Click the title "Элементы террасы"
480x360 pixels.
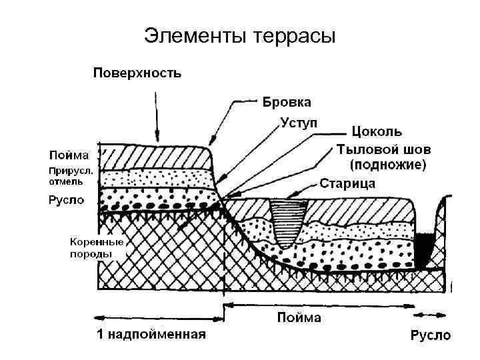click(x=239, y=35)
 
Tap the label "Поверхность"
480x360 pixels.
click(x=136, y=72)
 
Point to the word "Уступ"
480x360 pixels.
click(x=297, y=123)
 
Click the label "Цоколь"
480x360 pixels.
click(x=377, y=132)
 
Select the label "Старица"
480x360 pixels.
click(x=347, y=182)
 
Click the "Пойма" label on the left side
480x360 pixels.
click(x=68, y=155)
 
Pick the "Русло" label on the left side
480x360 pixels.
click(x=66, y=199)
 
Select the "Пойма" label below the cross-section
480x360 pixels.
click(x=299, y=318)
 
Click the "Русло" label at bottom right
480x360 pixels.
click(x=429, y=335)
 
